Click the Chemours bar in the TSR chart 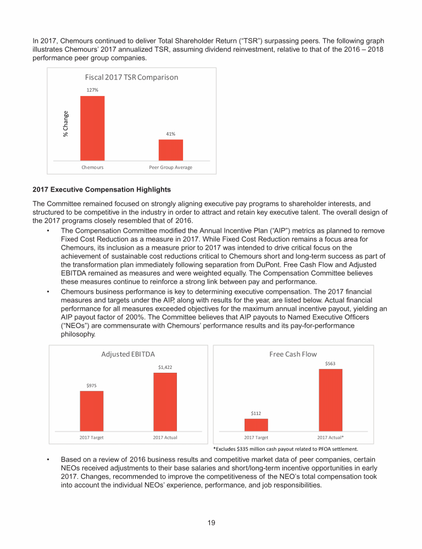tap(92, 127)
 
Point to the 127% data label tap(92, 89)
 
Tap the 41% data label tap(171, 133)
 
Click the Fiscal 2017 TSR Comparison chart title tap(131, 77)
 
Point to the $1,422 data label tap(165, 367)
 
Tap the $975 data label tap(92, 385)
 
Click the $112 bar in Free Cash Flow tap(257, 424)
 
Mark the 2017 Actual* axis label tap(331, 438)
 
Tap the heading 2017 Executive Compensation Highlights tap(102, 190)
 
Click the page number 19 tap(211, 523)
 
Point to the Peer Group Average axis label tap(171, 167)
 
